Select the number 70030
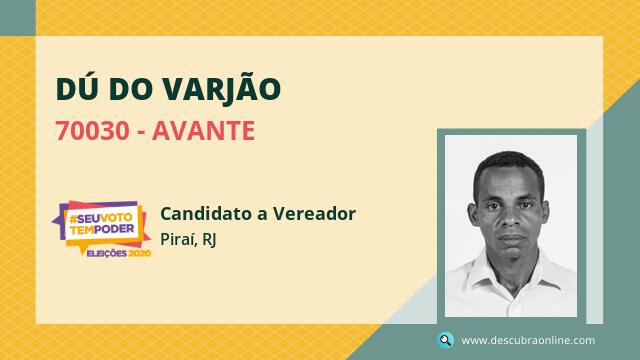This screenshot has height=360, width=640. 93,131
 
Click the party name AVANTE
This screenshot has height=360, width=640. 203,131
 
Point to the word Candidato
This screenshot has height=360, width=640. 209,213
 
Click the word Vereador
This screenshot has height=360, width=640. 314,213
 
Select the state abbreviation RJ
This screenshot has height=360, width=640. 209,240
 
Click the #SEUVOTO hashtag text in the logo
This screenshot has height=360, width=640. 101,218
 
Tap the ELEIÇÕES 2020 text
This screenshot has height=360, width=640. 119,253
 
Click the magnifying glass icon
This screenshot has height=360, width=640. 445,340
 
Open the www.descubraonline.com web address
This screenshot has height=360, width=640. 528,340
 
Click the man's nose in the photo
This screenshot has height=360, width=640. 509,219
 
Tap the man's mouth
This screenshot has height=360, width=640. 510,239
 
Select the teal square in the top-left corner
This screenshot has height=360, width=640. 18,18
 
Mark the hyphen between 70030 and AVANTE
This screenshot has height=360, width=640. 141,133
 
